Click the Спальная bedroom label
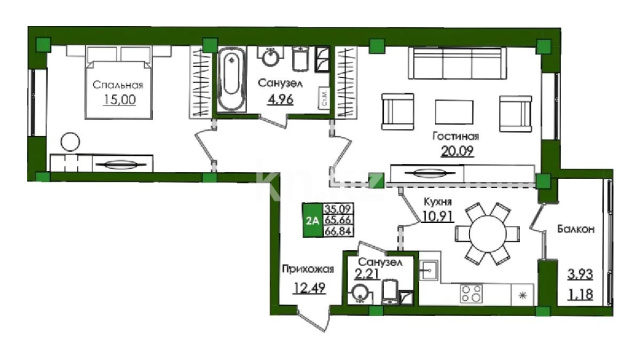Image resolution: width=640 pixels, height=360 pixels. pyautogui.click(x=118, y=85)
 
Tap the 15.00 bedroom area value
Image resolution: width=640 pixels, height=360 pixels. pyautogui.click(x=119, y=99)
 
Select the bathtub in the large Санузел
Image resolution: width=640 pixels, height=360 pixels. pyautogui.click(x=231, y=80)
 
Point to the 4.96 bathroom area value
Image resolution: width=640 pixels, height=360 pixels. pyautogui.click(x=280, y=99)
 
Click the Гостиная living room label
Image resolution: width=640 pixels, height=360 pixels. pyautogui.click(x=456, y=136)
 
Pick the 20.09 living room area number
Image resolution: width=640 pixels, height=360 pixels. pyautogui.click(x=457, y=151)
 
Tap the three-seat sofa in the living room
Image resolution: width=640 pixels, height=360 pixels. pyautogui.click(x=457, y=63)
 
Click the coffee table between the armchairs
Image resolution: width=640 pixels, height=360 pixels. pyautogui.click(x=454, y=112)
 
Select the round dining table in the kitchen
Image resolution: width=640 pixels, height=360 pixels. pyautogui.click(x=488, y=234)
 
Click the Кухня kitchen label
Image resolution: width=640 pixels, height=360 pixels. pyautogui.click(x=438, y=202)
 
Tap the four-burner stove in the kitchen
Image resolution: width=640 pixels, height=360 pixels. pyautogui.click(x=471, y=293)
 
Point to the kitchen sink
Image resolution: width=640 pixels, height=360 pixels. pyautogui.click(x=429, y=270)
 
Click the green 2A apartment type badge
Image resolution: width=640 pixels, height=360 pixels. pyautogui.click(x=312, y=220)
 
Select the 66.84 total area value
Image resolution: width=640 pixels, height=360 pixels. pyautogui.click(x=338, y=231)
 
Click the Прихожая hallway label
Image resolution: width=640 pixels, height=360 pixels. pyautogui.click(x=308, y=269)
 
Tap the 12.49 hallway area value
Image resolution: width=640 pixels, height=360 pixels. pyautogui.click(x=310, y=288)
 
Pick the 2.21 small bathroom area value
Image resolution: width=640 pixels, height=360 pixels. pyautogui.click(x=367, y=274)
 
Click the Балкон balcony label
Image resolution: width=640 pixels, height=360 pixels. pyautogui.click(x=576, y=229)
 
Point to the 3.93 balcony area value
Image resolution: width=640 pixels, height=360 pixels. pyautogui.click(x=580, y=274)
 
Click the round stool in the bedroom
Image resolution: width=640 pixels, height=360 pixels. pyautogui.click(x=70, y=142)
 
